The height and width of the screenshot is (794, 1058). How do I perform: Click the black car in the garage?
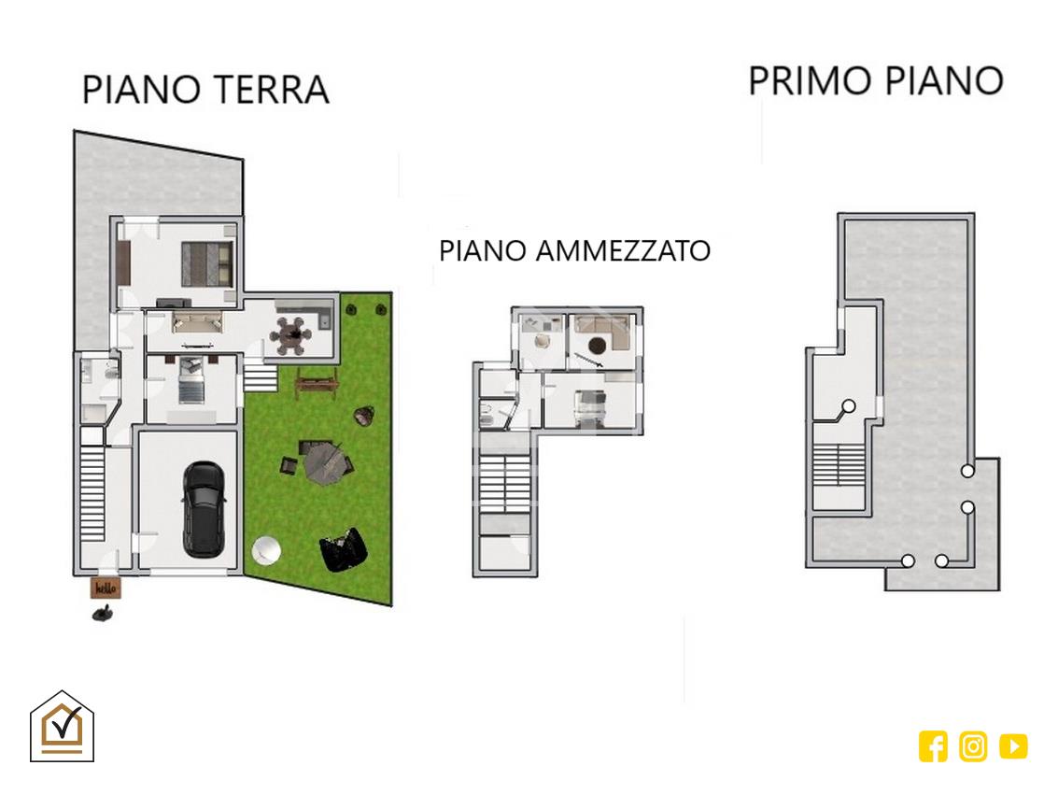click(x=204, y=509)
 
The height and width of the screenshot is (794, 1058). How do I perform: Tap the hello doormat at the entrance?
click(x=106, y=588)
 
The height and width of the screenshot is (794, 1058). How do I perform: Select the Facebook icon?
click(x=933, y=746)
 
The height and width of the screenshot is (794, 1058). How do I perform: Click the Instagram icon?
click(x=973, y=746)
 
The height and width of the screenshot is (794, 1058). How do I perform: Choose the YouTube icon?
click(x=1013, y=746)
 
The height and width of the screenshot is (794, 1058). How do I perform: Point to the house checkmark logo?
click(x=62, y=727)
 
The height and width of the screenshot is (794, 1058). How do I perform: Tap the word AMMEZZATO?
click(x=623, y=251)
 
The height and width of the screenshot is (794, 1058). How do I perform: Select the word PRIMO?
click(x=811, y=81)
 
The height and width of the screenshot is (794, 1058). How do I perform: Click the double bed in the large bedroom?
click(x=207, y=264)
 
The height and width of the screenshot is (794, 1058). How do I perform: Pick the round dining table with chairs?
click(x=291, y=335)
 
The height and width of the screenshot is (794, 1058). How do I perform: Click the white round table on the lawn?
click(x=266, y=550)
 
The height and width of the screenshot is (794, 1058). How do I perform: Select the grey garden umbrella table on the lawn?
click(x=324, y=463)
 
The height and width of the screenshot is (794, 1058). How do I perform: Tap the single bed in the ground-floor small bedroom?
click(x=190, y=381)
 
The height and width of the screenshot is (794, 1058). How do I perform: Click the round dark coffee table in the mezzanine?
click(x=597, y=346)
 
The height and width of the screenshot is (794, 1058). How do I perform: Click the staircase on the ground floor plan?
click(x=92, y=492)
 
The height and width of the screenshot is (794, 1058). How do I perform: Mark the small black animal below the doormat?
click(x=103, y=613)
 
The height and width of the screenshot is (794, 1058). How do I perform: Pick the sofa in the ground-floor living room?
click(x=197, y=320)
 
